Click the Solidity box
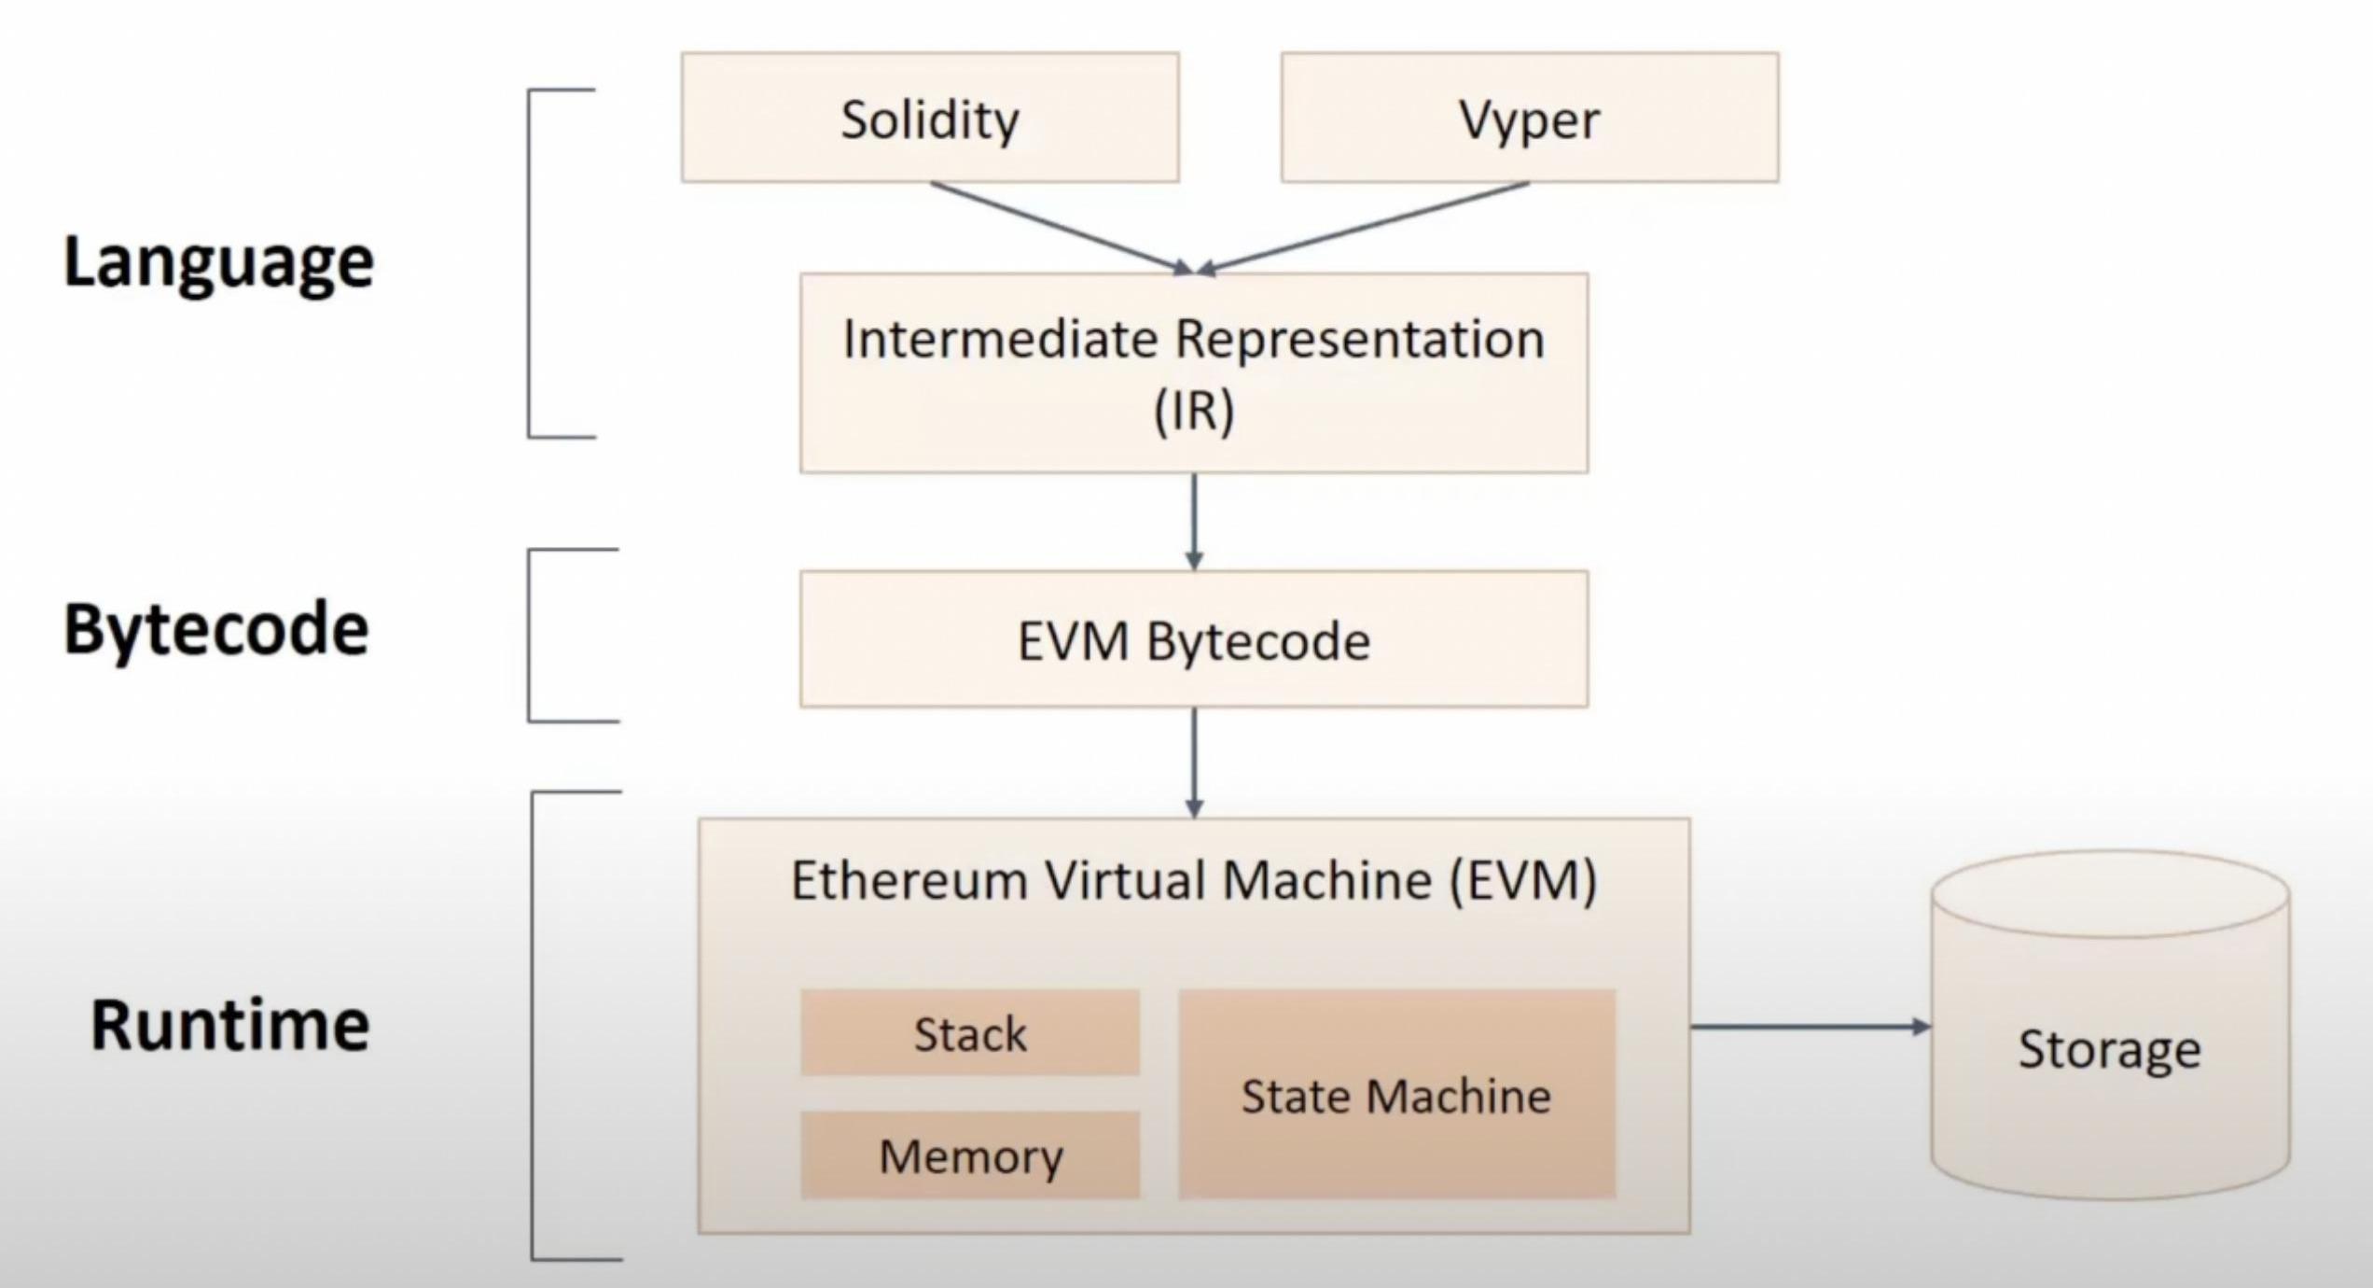(930, 118)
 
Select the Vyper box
(1530, 118)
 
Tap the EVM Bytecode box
(1194, 640)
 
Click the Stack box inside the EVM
(970, 1033)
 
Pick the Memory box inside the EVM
(970, 1155)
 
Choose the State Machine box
(1396, 1095)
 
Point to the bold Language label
(218, 262)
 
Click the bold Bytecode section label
(216, 629)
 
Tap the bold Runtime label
(229, 1025)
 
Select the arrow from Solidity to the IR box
(1059, 227)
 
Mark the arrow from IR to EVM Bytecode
(1194, 521)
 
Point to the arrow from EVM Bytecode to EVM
(1194, 762)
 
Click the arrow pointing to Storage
(1810, 1027)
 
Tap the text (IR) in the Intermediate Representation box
(1194, 411)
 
